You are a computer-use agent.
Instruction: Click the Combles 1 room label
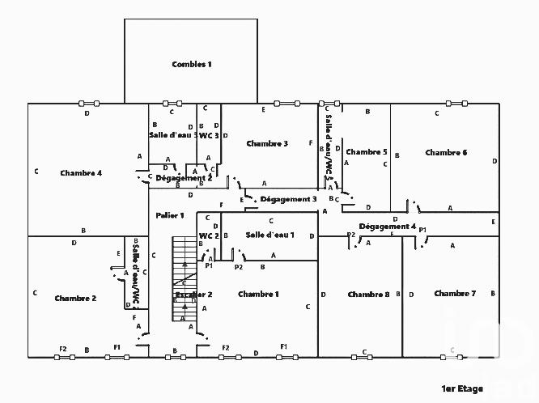(x=192, y=64)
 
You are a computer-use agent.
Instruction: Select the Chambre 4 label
(x=81, y=172)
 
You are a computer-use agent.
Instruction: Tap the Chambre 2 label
(x=75, y=298)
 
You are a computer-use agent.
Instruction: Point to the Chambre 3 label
(x=267, y=143)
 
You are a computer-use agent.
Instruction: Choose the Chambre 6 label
(x=446, y=152)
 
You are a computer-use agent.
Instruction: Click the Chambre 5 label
(x=367, y=151)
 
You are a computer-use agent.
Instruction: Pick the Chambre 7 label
(x=455, y=293)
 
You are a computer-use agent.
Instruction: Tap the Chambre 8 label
(x=368, y=294)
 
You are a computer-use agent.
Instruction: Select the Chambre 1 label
(x=258, y=294)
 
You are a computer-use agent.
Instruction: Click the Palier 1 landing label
(x=171, y=215)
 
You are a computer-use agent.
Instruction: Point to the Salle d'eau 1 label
(x=269, y=235)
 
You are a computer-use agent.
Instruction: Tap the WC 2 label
(x=210, y=235)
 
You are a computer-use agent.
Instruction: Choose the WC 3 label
(x=210, y=136)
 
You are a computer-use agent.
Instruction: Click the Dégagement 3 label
(x=289, y=198)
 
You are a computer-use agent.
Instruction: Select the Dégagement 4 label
(x=388, y=227)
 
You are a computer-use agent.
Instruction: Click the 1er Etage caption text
(x=462, y=388)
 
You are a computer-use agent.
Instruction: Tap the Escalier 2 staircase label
(x=193, y=295)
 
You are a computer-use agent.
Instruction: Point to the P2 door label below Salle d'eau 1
(x=238, y=266)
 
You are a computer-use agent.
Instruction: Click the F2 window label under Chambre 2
(x=62, y=349)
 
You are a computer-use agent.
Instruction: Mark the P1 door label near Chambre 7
(x=422, y=231)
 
